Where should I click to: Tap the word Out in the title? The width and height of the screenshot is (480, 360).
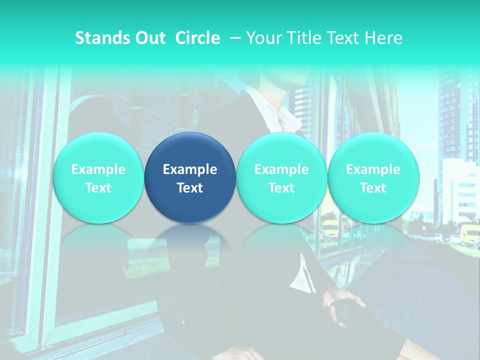click(x=148, y=38)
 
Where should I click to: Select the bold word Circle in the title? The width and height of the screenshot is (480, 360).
click(x=197, y=38)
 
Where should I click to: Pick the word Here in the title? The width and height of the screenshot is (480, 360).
click(x=384, y=38)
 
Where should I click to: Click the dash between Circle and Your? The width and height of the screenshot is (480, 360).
click(x=233, y=38)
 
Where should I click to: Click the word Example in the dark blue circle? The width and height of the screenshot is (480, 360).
click(x=190, y=169)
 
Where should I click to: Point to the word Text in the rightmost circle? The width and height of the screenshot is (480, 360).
click(x=373, y=188)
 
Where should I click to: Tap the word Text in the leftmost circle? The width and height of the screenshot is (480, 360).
click(x=98, y=188)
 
